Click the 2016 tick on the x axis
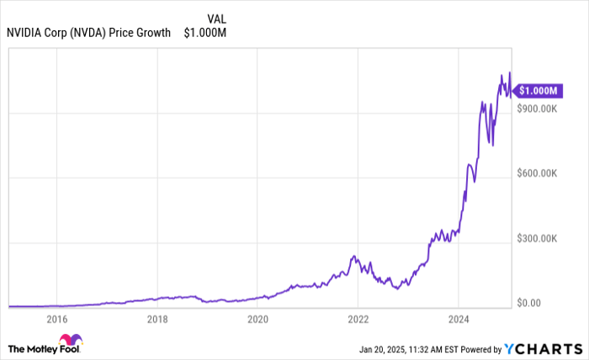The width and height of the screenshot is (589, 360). (x=56, y=320)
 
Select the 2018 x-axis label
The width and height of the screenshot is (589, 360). (x=157, y=320)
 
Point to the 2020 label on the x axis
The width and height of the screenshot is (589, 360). (x=257, y=320)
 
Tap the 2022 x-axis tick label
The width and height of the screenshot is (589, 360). (x=358, y=320)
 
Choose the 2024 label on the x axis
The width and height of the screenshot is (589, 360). (x=458, y=320)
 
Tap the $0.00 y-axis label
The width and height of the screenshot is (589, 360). (x=530, y=303)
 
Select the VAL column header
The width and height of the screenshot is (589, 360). (x=216, y=18)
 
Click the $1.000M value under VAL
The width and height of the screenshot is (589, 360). (x=205, y=33)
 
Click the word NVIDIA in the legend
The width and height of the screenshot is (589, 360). (x=24, y=33)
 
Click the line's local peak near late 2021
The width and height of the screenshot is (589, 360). (x=354, y=256)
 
